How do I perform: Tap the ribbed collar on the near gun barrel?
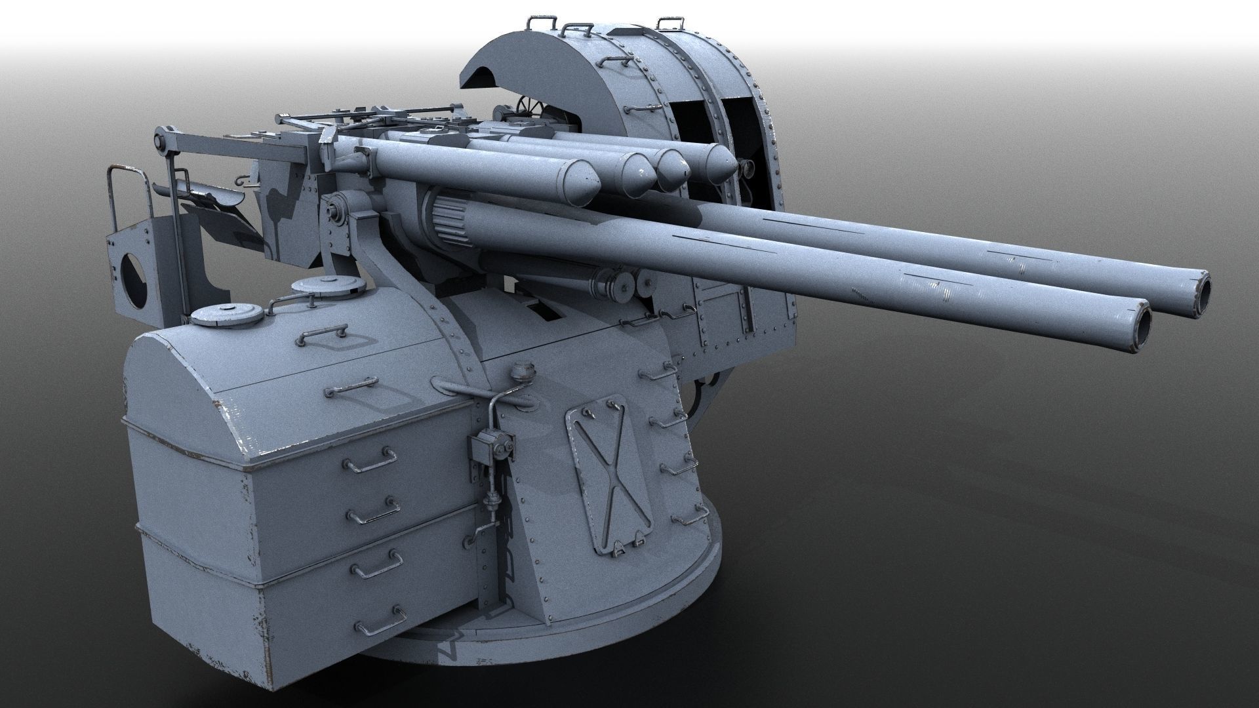click(452, 223)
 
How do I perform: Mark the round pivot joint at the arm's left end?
click(159, 141)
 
